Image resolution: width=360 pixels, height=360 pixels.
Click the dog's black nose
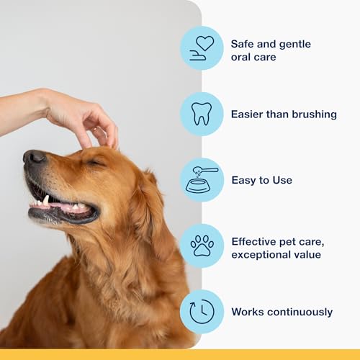point(35,158)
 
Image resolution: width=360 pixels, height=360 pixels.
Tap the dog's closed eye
point(95,163)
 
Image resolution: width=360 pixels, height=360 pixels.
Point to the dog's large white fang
point(45,200)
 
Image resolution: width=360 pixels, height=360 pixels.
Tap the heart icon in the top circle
point(204,43)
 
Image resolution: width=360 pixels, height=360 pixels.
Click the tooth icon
point(202,114)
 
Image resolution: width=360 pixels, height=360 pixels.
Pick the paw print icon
point(202,246)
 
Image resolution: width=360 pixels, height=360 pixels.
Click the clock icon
point(202,312)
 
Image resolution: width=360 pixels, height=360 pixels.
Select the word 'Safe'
point(242,44)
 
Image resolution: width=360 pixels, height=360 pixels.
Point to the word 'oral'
point(240,57)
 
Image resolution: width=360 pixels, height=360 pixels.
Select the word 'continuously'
point(300,312)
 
